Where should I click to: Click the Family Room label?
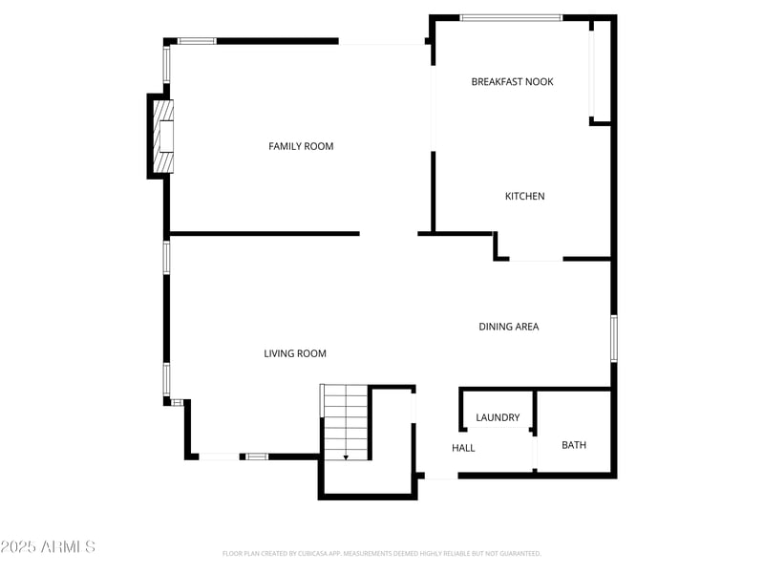tap(301, 146)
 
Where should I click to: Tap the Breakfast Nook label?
tap(512, 82)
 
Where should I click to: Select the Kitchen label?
tap(524, 196)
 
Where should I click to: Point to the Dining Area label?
tap(508, 327)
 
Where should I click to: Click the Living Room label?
tap(295, 353)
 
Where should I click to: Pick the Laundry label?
tap(498, 417)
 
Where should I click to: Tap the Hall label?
tap(463, 448)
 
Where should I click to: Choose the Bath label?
tap(574, 445)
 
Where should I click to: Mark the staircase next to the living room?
tap(345, 420)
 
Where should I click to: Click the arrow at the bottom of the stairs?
tap(345, 456)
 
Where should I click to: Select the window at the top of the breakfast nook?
tap(511, 17)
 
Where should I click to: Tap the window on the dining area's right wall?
tap(614, 338)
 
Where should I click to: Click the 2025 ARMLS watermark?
tap(48, 547)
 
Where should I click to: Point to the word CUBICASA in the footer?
tap(313, 553)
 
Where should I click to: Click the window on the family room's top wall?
tap(198, 41)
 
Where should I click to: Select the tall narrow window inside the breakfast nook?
tap(592, 72)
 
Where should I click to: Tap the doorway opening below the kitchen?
tap(536, 259)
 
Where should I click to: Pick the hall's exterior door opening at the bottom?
tap(439, 476)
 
